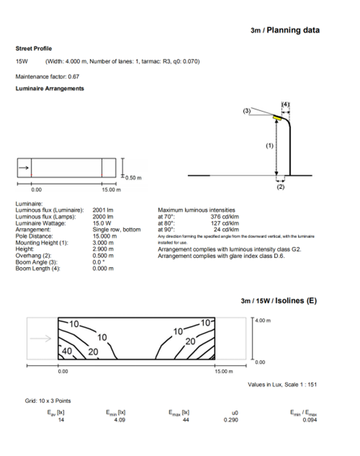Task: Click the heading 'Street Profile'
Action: coord(33,49)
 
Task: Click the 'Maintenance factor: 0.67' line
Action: coord(47,77)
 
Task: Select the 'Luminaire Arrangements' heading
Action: coord(49,89)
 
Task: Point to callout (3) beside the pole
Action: coord(247,109)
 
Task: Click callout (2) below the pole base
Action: coord(281,187)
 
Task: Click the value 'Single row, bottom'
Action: coord(116,230)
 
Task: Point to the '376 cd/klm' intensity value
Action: coord(225,217)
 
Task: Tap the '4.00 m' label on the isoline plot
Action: coord(263,321)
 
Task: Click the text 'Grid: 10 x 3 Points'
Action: coord(48,401)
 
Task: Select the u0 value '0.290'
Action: coord(230,420)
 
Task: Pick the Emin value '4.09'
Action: coord(119,420)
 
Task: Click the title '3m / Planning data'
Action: coord(285,30)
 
